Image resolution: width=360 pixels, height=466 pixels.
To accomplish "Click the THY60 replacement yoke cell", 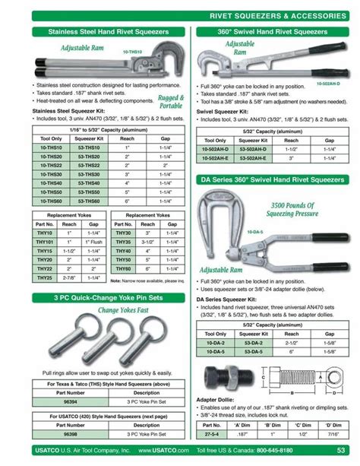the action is [124, 268].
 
